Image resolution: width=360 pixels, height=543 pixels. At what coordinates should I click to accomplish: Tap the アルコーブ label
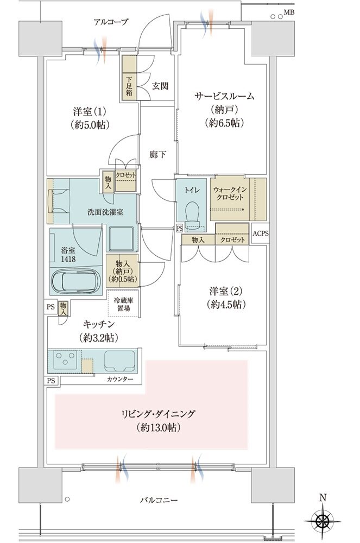pos(111,22)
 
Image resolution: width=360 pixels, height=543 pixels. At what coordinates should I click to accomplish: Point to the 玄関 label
pos(159,86)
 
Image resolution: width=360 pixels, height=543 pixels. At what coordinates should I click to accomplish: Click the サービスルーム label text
pos(224,96)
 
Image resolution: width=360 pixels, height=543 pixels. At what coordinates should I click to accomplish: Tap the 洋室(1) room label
pos(90,112)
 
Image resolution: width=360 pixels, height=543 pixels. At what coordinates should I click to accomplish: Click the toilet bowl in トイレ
pos(192,212)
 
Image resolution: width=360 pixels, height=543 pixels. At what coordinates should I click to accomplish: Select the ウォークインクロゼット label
pos(230,193)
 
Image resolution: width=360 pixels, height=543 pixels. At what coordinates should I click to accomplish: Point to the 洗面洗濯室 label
pos(105,212)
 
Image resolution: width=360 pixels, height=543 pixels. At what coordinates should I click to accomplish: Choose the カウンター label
pos(120,379)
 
